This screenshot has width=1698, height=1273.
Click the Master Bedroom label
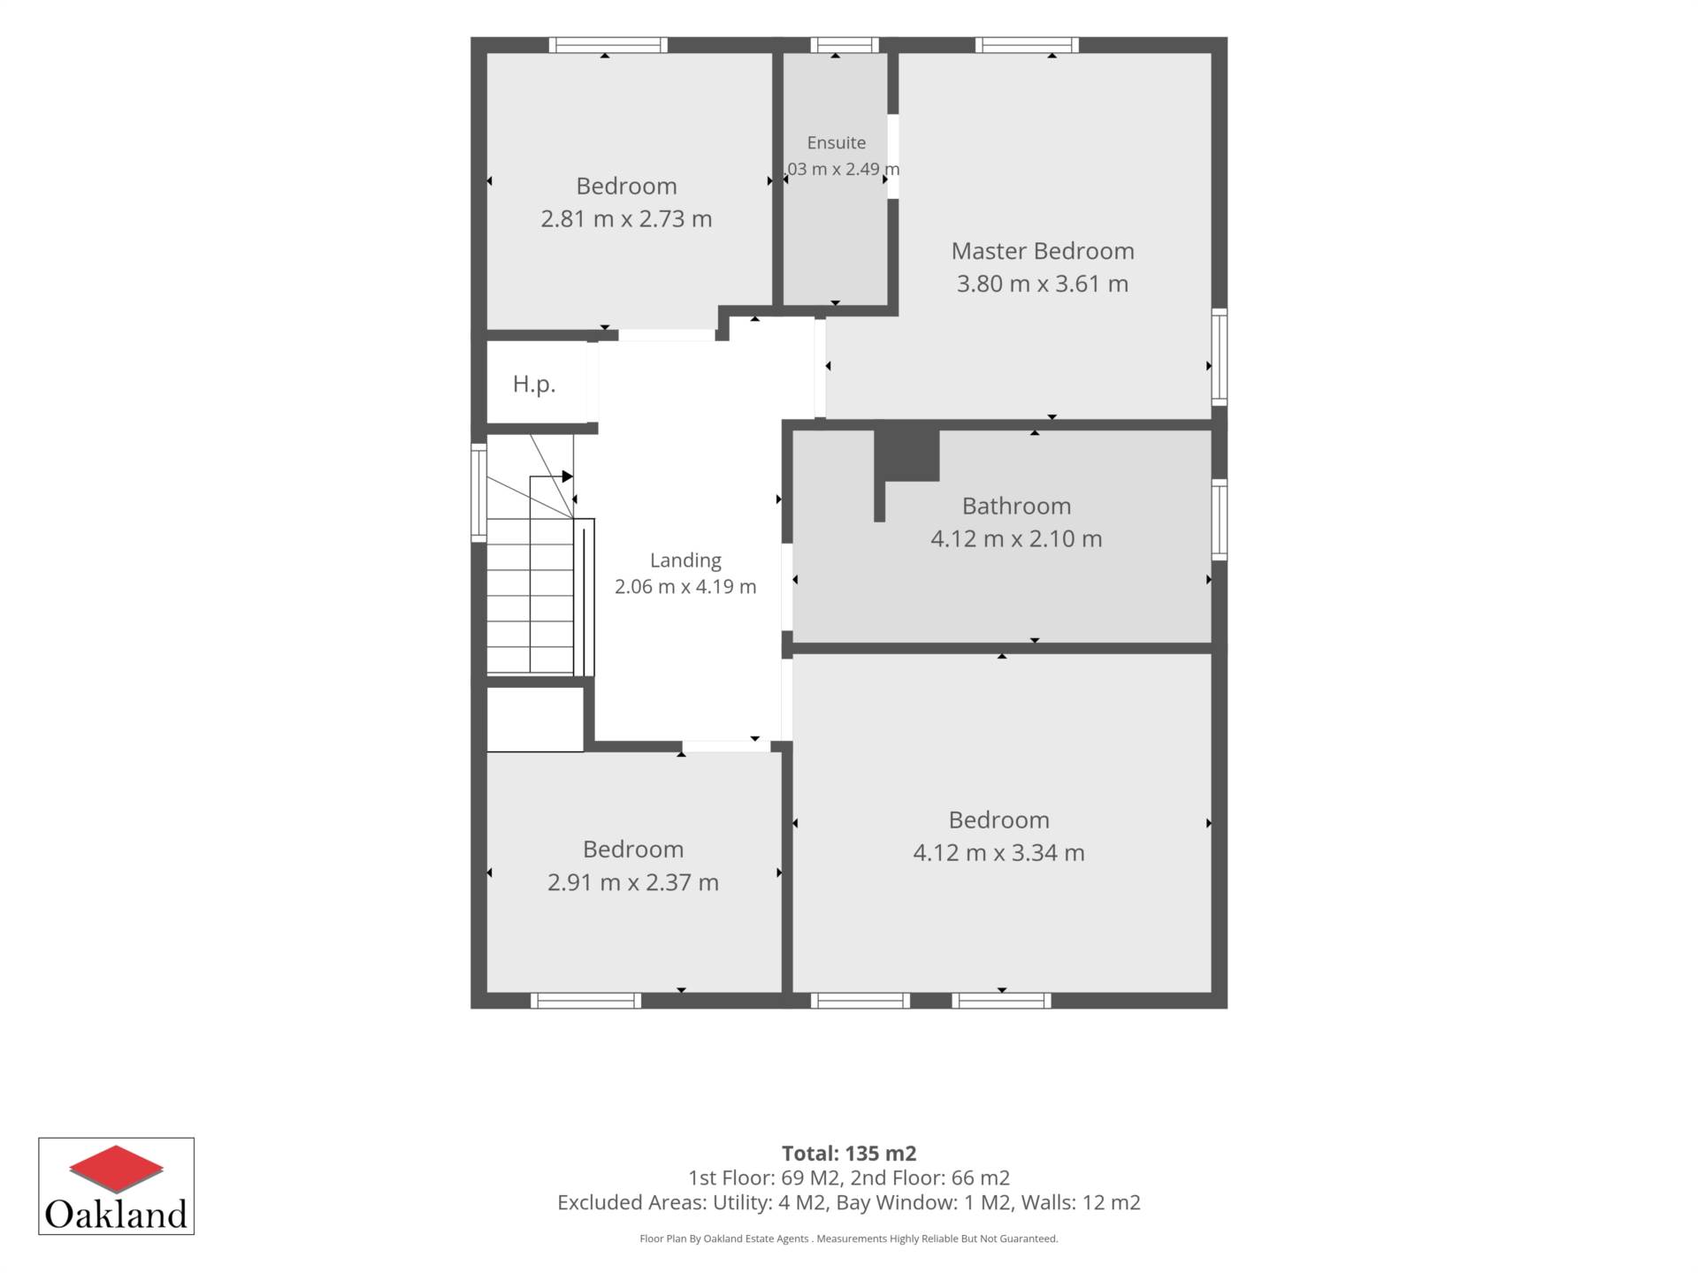point(1043,251)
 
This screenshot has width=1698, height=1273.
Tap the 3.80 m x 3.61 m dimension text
point(1043,284)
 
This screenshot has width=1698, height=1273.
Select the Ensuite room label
point(837,142)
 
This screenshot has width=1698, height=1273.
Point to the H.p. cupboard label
point(534,384)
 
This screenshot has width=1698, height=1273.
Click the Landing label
point(685,560)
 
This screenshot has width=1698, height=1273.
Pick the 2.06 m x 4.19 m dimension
point(685,586)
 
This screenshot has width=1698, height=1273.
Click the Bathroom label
point(1016,506)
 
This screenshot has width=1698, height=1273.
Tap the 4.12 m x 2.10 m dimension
point(1016,538)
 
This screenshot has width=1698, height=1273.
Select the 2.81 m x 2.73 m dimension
point(626,218)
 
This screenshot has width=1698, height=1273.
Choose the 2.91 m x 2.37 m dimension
point(633,882)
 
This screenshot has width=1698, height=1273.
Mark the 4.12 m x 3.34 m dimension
point(998,853)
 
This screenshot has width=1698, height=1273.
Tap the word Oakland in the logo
point(116,1214)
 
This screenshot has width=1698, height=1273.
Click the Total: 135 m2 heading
point(849,1154)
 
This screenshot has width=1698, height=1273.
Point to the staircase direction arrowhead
point(568,476)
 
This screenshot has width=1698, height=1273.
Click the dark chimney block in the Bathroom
point(906,456)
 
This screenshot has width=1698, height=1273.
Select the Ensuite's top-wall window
point(845,45)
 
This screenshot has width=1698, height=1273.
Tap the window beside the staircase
point(478,492)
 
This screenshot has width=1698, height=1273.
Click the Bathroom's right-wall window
point(1220,520)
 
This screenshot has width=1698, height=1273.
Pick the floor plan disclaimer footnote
point(849,1239)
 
